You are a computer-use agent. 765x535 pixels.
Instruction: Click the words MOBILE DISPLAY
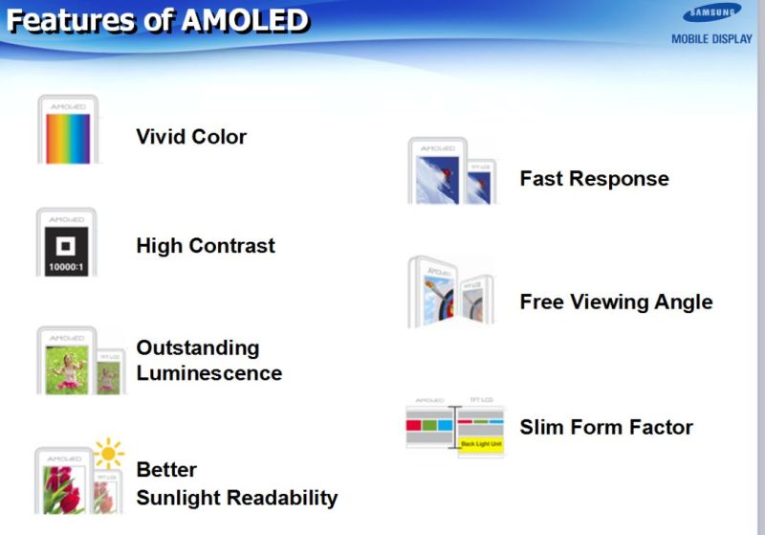711,39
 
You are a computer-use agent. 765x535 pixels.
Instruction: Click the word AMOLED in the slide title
246,20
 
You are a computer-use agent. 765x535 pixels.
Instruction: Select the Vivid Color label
191,137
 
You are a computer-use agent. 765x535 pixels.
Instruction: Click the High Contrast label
206,246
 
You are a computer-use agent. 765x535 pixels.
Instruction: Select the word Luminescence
208,373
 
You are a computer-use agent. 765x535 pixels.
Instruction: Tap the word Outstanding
197,347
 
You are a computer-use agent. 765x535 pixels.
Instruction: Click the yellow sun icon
109,453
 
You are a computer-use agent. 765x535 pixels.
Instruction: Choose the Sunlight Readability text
236,498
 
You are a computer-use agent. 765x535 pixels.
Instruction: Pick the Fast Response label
594,179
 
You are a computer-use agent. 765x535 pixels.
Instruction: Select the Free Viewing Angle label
616,302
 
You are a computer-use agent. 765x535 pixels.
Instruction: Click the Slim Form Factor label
606,427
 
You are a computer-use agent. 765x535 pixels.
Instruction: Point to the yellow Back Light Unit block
481,444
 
